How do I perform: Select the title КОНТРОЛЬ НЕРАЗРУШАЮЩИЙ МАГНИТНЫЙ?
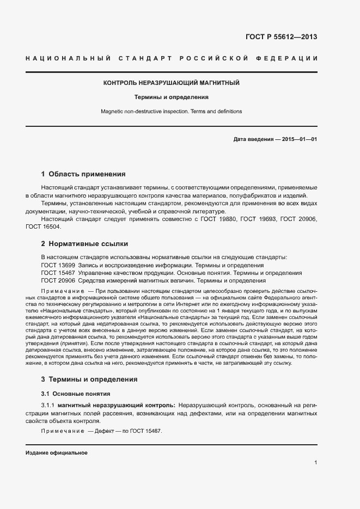172,83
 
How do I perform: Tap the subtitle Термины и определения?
172,97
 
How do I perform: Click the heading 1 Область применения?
83,174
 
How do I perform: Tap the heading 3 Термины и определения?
89,379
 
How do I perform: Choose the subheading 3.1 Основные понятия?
76,394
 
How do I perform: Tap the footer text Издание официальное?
57,452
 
